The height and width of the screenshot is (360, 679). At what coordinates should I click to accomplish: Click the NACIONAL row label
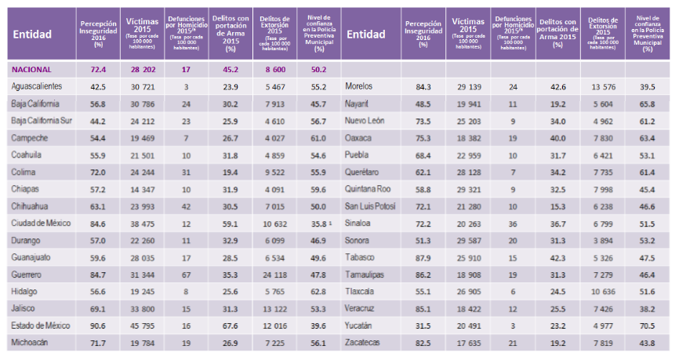[x=34, y=69]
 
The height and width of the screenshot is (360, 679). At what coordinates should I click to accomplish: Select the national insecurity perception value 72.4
[x=98, y=69]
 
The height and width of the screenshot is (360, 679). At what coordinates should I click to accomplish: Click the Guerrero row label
[x=27, y=274]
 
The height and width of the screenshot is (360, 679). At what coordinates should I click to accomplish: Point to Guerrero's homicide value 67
[x=186, y=274]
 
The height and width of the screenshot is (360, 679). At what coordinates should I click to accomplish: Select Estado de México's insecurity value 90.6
[x=98, y=325]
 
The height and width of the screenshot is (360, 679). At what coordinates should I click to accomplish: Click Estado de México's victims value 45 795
[x=142, y=325]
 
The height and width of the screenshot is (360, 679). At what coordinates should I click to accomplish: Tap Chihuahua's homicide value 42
[x=186, y=205]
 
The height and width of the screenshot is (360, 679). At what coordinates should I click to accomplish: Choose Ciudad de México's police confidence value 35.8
[x=318, y=223]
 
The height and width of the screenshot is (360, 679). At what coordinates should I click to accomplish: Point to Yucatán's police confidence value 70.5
[x=648, y=325]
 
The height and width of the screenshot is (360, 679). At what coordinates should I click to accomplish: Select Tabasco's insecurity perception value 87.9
[x=423, y=256]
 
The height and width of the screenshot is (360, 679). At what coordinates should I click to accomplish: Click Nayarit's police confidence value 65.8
[x=648, y=104]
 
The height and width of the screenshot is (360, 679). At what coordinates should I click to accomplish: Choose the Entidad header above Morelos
[x=365, y=34]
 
